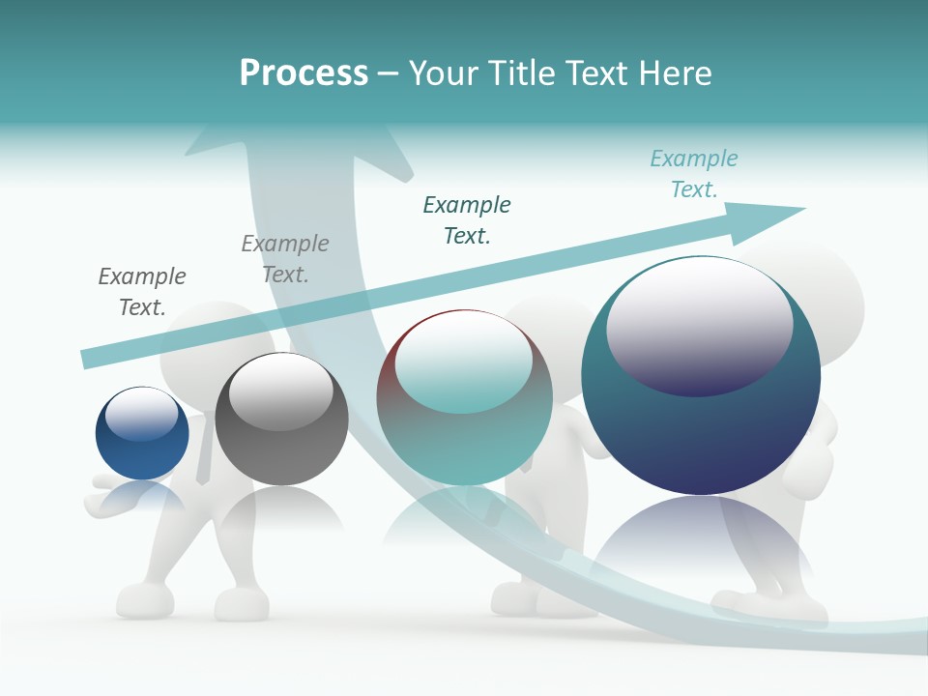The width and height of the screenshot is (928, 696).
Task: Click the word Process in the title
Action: tap(304, 72)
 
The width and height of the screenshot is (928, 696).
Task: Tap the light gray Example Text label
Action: tap(285, 258)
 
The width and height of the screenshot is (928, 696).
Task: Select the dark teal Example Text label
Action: tap(467, 219)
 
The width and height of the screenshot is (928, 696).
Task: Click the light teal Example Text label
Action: tap(694, 173)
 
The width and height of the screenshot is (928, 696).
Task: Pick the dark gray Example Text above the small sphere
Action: tap(142, 291)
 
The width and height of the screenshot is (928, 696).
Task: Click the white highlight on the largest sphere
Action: tap(699, 324)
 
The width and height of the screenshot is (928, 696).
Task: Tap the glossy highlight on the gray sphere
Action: tap(280, 391)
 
